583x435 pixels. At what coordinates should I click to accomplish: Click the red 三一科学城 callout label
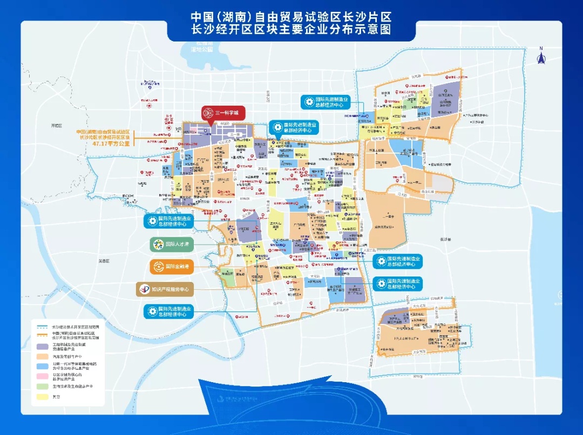[x=223, y=113]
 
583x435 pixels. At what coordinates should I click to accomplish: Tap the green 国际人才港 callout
[x=172, y=244]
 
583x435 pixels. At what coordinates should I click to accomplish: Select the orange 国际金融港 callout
[x=172, y=266]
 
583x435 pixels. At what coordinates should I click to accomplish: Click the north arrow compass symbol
[x=541, y=56]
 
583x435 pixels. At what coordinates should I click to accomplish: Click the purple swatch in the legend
[x=42, y=346]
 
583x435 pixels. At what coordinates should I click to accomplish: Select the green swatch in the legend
[x=42, y=387]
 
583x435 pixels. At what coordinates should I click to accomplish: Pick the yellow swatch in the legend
[x=42, y=397]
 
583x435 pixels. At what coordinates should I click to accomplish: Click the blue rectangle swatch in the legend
[x=42, y=367]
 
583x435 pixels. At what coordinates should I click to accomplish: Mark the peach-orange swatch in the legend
[x=42, y=356]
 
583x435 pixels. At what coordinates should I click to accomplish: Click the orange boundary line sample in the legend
[x=42, y=335]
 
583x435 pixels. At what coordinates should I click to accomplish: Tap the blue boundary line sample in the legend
[x=42, y=327]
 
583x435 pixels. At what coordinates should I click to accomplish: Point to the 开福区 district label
[x=57, y=125]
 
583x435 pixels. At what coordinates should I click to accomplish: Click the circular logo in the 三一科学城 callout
[x=208, y=113]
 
